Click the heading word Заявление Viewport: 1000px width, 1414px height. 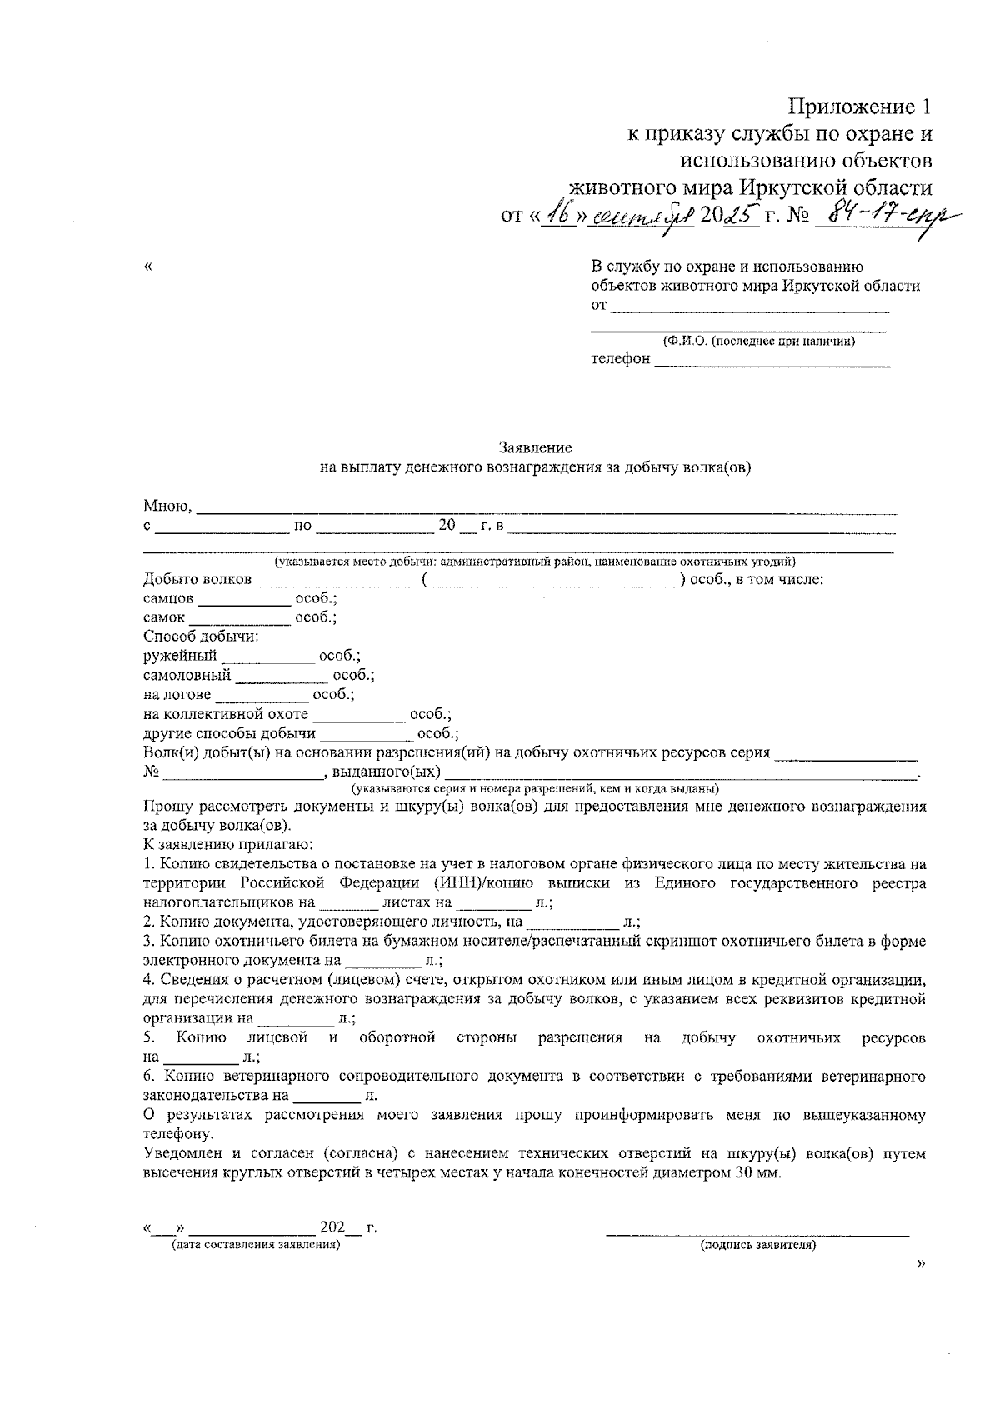pyautogui.click(x=535, y=448)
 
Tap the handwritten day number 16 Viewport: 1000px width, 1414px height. pyautogui.click(x=559, y=215)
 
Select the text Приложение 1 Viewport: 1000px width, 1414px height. pyautogui.click(x=859, y=107)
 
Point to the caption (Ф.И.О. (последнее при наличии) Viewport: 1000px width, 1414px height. pyautogui.click(x=758, y=341)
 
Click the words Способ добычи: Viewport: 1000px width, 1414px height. pyautogui.click(x=201, y=637)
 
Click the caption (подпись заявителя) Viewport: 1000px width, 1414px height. pyautogui.click(x=758, y=1246)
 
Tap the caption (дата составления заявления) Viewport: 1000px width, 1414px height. pyautogui.click(x=256, y=1245)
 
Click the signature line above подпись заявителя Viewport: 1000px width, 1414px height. pyautogui.click(x=757, y=1232)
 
